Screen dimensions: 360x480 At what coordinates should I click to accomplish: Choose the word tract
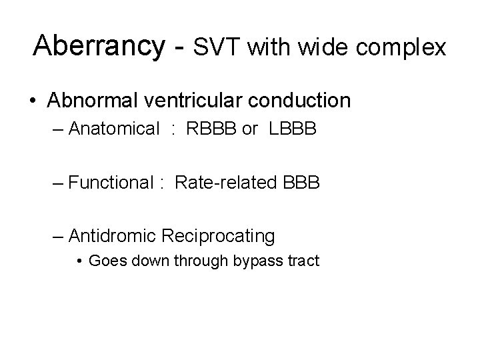[x=303, y=260]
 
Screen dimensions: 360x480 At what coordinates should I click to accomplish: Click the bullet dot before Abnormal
[x=33, y=101]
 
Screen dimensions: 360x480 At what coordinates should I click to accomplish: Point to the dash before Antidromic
[x=58, y=235]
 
